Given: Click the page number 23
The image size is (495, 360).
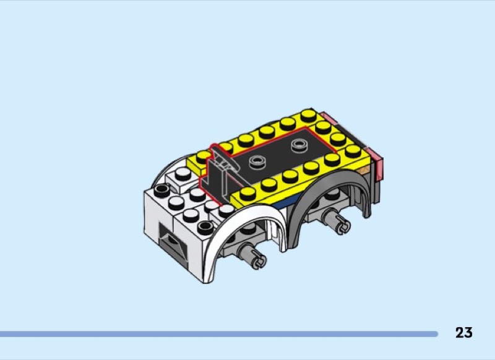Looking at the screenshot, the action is (x=463, y=333).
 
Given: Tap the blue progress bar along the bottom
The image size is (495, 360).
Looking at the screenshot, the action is (x=219, y=334).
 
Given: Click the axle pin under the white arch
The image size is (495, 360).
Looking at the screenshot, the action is (x=252, y=256).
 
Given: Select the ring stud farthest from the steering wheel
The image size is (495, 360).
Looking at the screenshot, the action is (x=298, y=145).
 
